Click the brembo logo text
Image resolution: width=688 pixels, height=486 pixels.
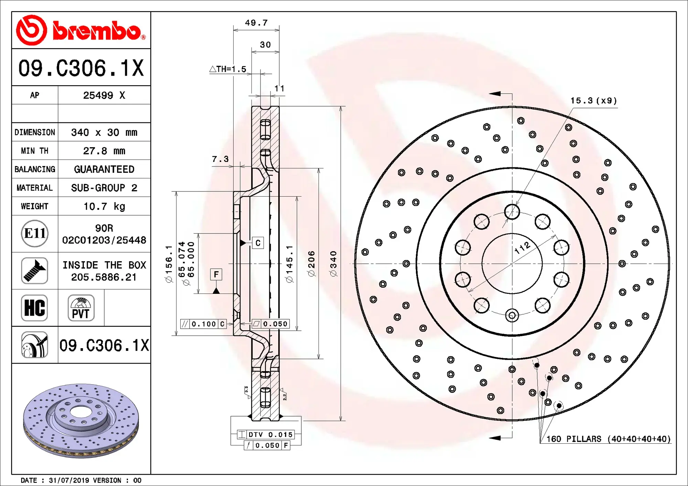click(98, 31)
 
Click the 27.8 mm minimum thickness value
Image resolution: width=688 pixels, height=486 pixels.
click(104, 151)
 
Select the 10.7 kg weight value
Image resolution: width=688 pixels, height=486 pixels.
click(104, 207)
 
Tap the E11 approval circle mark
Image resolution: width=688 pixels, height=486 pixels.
click(34, 234)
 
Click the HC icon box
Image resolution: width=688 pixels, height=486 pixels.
click(34, 308)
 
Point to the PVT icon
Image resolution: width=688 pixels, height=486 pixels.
click(81, 308)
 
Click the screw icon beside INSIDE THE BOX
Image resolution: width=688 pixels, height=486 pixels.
click(34, 271)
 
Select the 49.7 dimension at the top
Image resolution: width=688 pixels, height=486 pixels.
click(256, 23)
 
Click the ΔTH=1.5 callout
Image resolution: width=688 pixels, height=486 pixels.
click(228, 69)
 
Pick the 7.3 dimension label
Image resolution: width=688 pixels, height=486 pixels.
click(220, 159)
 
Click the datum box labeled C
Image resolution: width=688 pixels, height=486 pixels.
click(258, 243)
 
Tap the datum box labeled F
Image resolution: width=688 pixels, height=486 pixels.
click(216, 274)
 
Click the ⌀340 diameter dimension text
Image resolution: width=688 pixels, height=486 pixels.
click(333, 264)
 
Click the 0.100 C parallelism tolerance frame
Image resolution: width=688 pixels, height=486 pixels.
click(203, 324)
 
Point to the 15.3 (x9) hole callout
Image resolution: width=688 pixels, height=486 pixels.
click(593, 101)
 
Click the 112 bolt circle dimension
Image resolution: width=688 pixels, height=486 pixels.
click(522, 247)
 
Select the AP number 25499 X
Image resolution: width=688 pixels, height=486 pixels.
click(104, 95)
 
